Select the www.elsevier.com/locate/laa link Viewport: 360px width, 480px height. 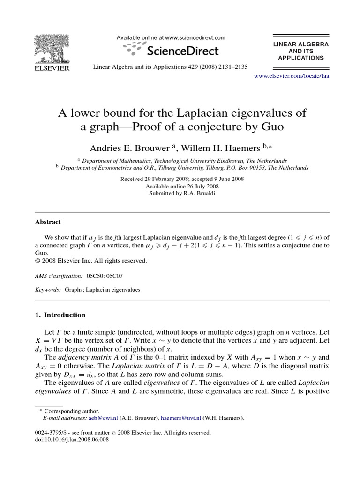pyautogui.click(x=291, y=76)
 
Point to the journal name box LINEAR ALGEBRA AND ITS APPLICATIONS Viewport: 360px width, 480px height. pyautogui.click(x=301, y=51)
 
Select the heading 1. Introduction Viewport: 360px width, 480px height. pyautogui.click(x=60, y=315)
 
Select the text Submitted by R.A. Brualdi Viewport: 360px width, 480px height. pyautogui.click(x=182, y=193)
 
